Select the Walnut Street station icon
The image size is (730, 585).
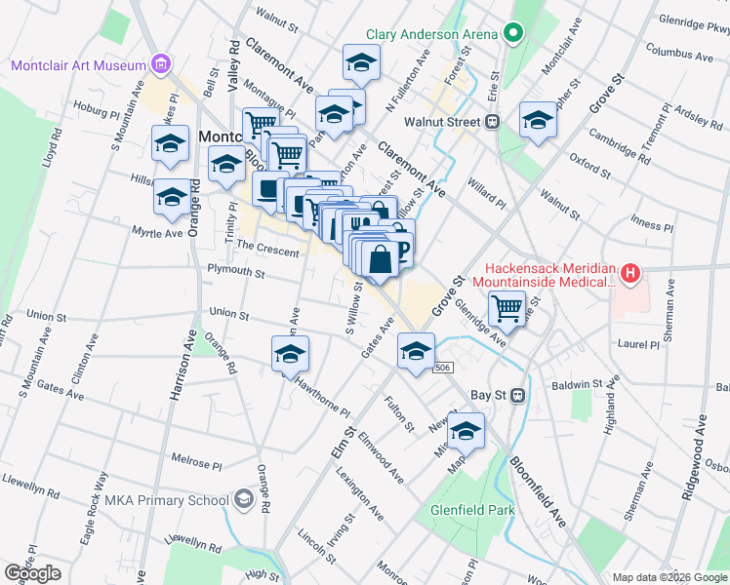pyautogui.click(x=493, y=122)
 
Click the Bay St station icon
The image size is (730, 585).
pyautogui.click(x=518, y=396)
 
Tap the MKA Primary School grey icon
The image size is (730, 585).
pyautogui.click(x=243, y=501)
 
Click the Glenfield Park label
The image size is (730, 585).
pyautogui.click(x=472, y=509)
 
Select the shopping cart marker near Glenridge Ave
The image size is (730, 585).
pyautogui.click(x=507, y=309)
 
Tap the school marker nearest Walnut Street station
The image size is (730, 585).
pyautogui.click(x=537, y=121)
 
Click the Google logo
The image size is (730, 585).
pyautogui.click(x=32, y=573)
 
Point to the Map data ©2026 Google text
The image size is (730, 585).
pyautogui.click(x=669, y=577)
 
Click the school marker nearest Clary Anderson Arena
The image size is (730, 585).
pyautogui.click(x=360, y=64)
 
